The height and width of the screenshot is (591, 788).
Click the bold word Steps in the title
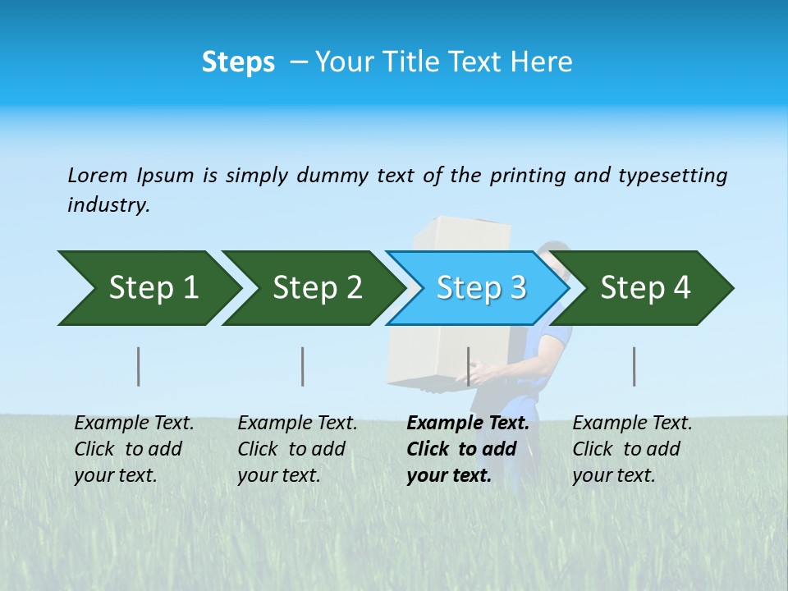pos(238,62)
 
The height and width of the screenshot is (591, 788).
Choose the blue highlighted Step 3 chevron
pos(481,288)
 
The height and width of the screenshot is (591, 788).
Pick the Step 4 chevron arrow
pos(645,288)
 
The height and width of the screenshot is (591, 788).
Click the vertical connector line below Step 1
pos(139,366)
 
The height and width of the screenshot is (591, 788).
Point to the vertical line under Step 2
pos(303,366)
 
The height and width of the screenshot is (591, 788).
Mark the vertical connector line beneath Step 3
pos(468,366)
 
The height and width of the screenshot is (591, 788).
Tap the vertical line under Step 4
pos(634,366)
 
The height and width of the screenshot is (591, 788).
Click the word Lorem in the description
pos(98,175)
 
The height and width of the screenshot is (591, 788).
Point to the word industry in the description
pos(108,204)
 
